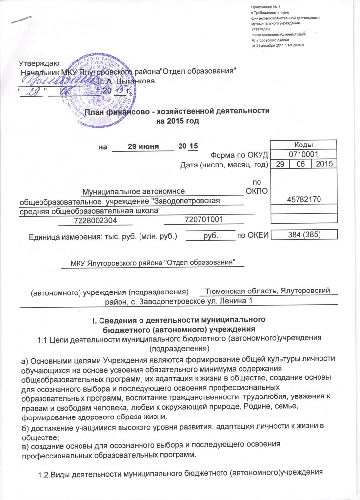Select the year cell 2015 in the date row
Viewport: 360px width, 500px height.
pyautogui.click(x=323, y=165)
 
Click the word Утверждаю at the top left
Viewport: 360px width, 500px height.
pyautogui.click(x=40, y=63)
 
